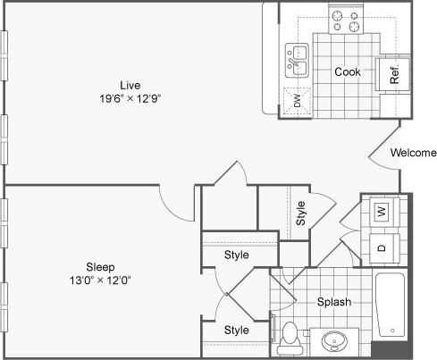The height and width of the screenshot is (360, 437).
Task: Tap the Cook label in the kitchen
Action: pos(348,71)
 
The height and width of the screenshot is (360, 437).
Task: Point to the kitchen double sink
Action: pos(297,62)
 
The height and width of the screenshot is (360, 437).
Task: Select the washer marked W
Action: pos(382,212)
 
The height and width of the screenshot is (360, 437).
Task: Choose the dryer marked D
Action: pos(382,247)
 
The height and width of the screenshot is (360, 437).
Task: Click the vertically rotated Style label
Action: pos(301,213)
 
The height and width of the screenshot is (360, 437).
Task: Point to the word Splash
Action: pos(333,302)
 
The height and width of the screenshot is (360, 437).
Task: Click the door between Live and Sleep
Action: pos(174,204)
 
